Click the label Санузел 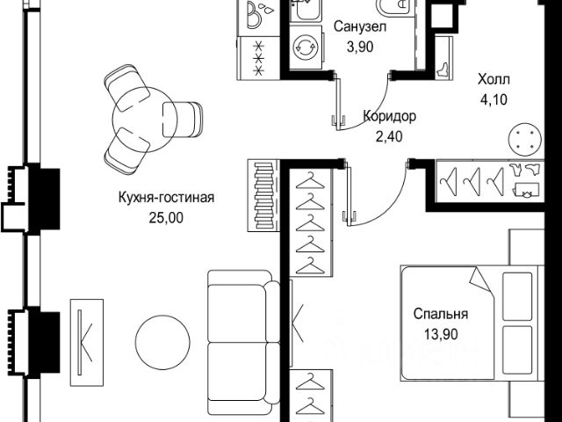pos(355,28)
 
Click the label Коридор pos(389,116)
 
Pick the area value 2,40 pos(389,135)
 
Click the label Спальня pos(441,314)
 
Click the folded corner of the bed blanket pos(479,281)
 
